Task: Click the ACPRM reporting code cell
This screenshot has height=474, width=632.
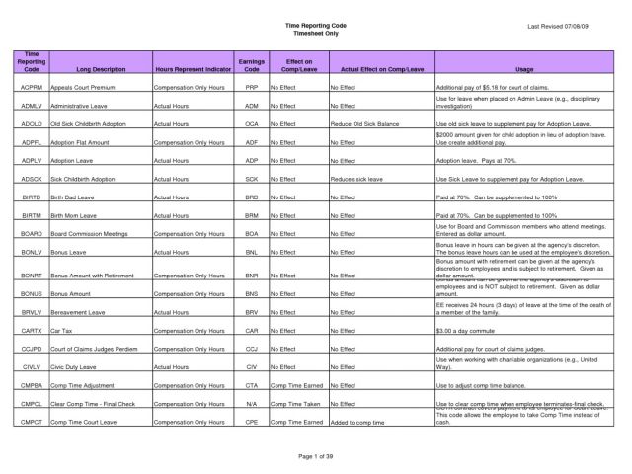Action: pos(30,89)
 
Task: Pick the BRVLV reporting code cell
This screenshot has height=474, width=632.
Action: pos(30,310)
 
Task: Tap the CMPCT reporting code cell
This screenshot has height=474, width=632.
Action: pos(30,421)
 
